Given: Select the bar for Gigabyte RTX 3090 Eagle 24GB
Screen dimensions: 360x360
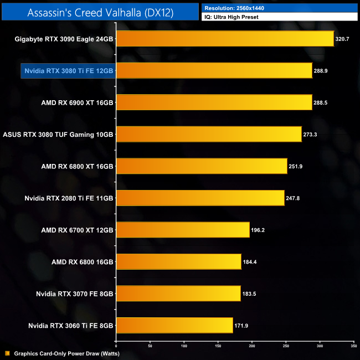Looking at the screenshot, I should (x=224, y=39).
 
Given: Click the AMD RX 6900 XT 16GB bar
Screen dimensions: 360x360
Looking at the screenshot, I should (x=214, y=102).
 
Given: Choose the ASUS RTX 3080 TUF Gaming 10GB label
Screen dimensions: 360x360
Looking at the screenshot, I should (x=58, y=135).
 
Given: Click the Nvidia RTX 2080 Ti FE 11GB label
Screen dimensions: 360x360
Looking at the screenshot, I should (x=69, y=198).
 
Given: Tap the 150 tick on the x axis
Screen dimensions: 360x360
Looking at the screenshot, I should (x=218, y=346).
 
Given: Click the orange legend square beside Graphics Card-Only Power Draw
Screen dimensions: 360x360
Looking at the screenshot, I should (x=7, y=353).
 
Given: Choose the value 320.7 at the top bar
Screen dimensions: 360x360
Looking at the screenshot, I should (x=343, y=39).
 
